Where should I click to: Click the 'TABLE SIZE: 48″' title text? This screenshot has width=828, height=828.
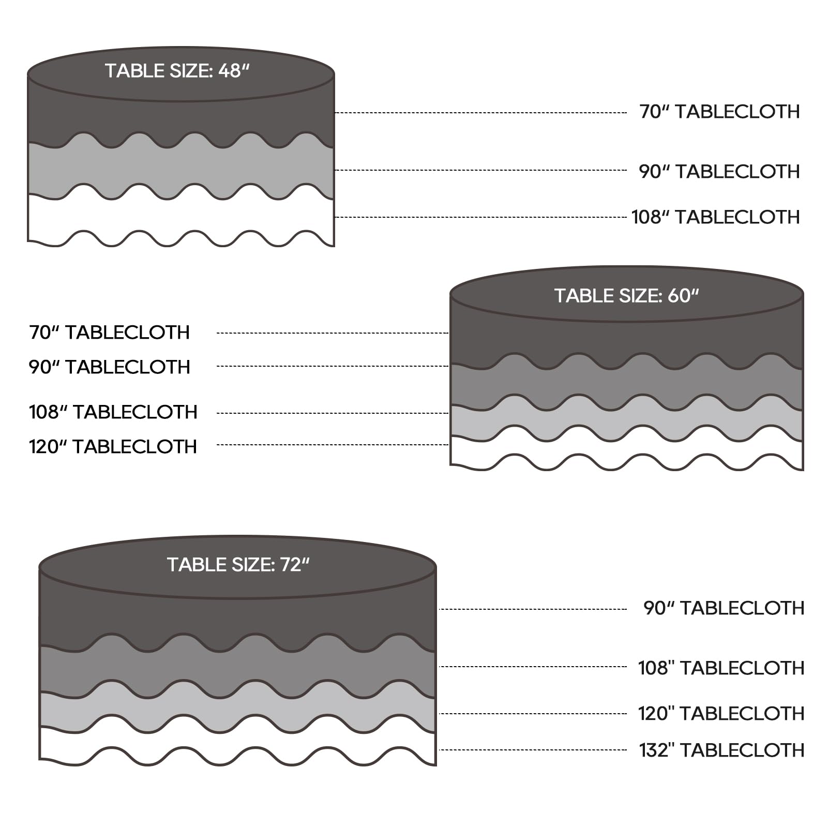tap(177, 71)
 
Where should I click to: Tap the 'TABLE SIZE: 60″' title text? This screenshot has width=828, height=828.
tap(627, 296)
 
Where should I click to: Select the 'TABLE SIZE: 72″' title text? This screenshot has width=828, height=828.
tap(238, 565)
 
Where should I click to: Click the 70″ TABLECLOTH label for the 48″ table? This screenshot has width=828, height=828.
tap(719, 112)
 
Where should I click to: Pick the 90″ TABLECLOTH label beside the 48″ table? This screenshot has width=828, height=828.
tap(719, 172)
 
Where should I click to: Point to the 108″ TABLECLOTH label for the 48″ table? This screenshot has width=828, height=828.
tap(716, 217)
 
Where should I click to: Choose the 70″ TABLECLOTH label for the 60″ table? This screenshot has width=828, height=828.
tap(109, 333)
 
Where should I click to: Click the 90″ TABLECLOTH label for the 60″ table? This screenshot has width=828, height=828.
tap(109, 367)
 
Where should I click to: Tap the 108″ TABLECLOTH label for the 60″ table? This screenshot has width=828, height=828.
tap(113, 412)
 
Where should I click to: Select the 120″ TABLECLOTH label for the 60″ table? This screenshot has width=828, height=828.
tap(113, 447)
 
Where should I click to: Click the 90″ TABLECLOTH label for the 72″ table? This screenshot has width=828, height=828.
tap(724, 608)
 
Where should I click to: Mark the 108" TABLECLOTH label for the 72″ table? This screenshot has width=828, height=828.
tap(721, 668)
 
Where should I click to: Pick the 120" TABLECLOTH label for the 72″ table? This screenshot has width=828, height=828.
tap(721, 714)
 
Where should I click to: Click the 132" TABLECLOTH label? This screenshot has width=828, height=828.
tap(722, 750)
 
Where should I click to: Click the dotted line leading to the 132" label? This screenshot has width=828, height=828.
tap(533, 750)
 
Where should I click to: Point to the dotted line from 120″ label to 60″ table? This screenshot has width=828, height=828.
tap(333, 445)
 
